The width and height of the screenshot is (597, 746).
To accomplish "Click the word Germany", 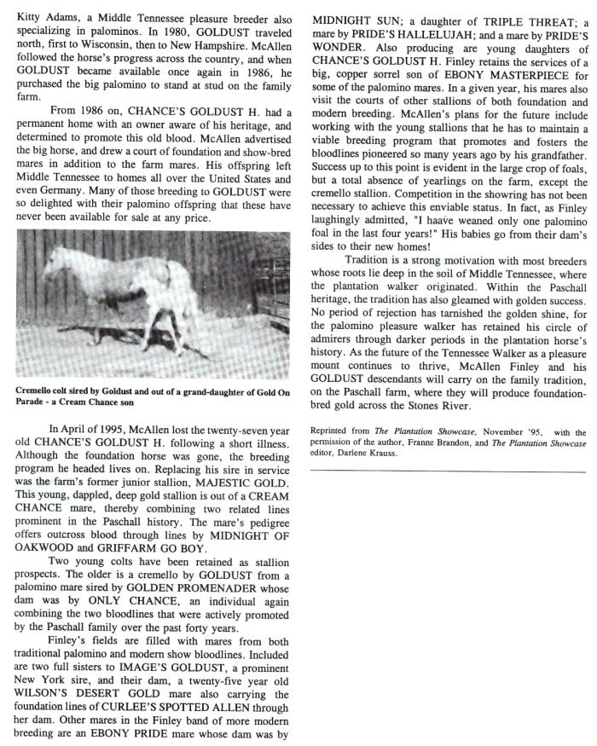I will (x=61, y=203).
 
